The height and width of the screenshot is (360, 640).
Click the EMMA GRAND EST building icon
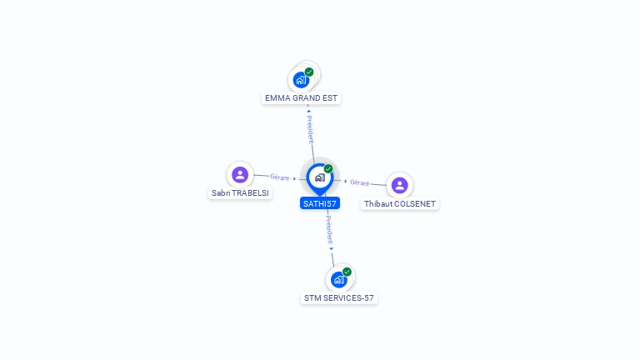300,81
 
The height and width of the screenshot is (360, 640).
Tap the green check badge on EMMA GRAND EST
309,72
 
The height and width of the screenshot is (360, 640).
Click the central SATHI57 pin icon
319,177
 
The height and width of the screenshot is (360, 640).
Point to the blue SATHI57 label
319,203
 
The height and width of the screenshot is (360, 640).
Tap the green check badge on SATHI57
328,169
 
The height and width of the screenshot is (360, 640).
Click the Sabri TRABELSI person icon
240,174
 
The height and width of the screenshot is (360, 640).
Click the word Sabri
221,193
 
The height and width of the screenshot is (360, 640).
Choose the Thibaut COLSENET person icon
399,185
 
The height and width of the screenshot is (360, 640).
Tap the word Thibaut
379,204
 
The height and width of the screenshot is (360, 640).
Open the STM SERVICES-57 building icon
338,280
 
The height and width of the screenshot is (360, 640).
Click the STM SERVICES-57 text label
339,298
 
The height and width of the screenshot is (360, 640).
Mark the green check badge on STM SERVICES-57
347,272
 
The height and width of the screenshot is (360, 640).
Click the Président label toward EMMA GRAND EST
310,128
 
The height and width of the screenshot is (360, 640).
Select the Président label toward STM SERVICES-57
329,230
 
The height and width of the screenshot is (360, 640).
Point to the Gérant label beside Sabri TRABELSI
280,177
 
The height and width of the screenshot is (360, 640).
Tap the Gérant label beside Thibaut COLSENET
359,182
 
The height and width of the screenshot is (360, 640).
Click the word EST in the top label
330,98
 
